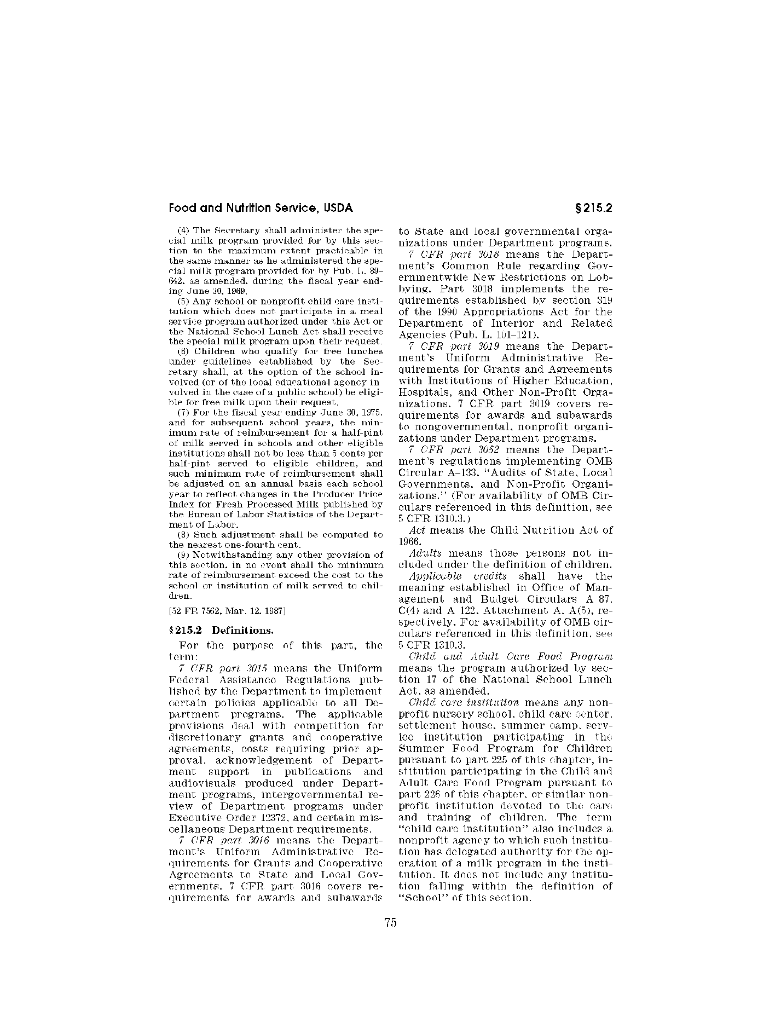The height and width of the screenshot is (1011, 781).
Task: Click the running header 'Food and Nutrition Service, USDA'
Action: [x=261, y=208]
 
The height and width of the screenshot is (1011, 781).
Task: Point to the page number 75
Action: [x=390, y=922]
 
